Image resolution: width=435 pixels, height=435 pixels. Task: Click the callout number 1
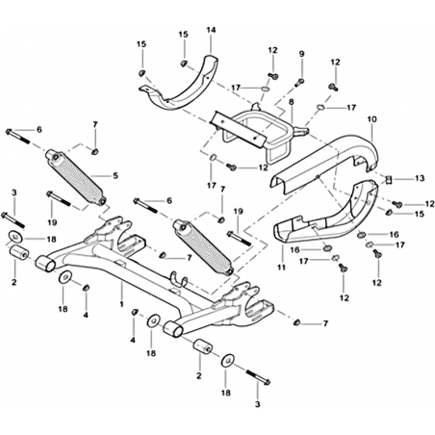point(121,303)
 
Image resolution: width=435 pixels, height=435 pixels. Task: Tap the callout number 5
point(115,175)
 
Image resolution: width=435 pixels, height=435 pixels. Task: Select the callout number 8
point(291,102)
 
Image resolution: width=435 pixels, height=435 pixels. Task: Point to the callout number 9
point(301,54)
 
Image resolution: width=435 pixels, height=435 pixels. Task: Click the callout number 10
point(372,119)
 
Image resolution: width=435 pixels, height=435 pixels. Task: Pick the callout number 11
point(282,267)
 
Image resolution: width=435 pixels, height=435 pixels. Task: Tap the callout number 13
point(420,178)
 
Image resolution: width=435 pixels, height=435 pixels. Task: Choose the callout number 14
point(211,30)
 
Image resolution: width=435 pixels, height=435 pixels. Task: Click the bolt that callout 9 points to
point(299,82)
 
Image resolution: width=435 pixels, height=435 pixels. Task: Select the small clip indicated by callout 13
point(389,179)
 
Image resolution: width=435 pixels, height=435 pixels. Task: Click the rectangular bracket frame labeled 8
point(257,135)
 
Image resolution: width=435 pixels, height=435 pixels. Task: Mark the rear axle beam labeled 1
point(151,272)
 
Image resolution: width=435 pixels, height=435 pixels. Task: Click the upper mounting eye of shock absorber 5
point(53,156)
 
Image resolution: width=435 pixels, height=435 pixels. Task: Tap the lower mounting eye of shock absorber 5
point(101,200)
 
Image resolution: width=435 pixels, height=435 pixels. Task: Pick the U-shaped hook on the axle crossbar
point(179,278)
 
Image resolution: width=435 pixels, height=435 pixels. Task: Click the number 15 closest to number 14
point(184,35)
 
